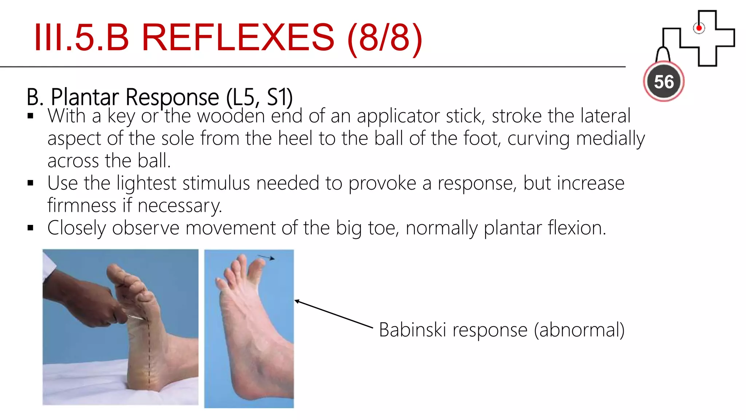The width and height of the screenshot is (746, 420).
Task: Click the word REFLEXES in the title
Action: (x=237, y=37)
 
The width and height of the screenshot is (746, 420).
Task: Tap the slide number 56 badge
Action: (x=664, y=82)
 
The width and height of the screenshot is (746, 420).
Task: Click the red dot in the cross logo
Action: (x=699, y=28)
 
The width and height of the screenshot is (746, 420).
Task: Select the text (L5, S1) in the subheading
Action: (x=259, y=97)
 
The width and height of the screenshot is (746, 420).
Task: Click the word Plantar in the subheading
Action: (x=85, y=97)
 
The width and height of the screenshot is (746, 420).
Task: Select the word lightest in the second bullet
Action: (x=146, y=183)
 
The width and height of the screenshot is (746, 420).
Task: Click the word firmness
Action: (x=82, y=206)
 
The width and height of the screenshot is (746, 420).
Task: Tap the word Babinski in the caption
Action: (x=412, y=330)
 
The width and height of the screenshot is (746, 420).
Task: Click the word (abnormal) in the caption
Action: (x=579, y=330)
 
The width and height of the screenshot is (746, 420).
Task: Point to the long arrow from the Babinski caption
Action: (x=333, y=314)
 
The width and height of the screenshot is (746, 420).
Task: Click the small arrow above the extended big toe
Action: (x=267, y=257)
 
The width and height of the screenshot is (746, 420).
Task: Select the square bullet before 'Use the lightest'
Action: (x=31, y=183)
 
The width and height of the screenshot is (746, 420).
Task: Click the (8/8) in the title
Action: (x=385, y=37)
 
